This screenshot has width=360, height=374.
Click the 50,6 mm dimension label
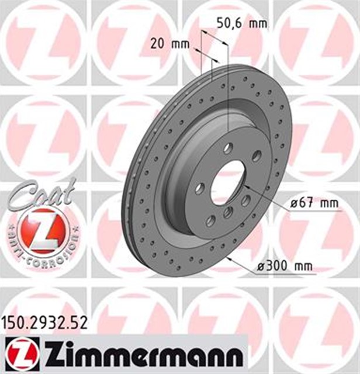click(x=241, y=24)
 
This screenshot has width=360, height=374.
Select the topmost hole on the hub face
click(x=228, y=147)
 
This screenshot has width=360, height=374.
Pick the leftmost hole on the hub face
click(x=200, y=188)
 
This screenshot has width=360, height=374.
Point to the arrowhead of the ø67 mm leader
click(x=246, y=186)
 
